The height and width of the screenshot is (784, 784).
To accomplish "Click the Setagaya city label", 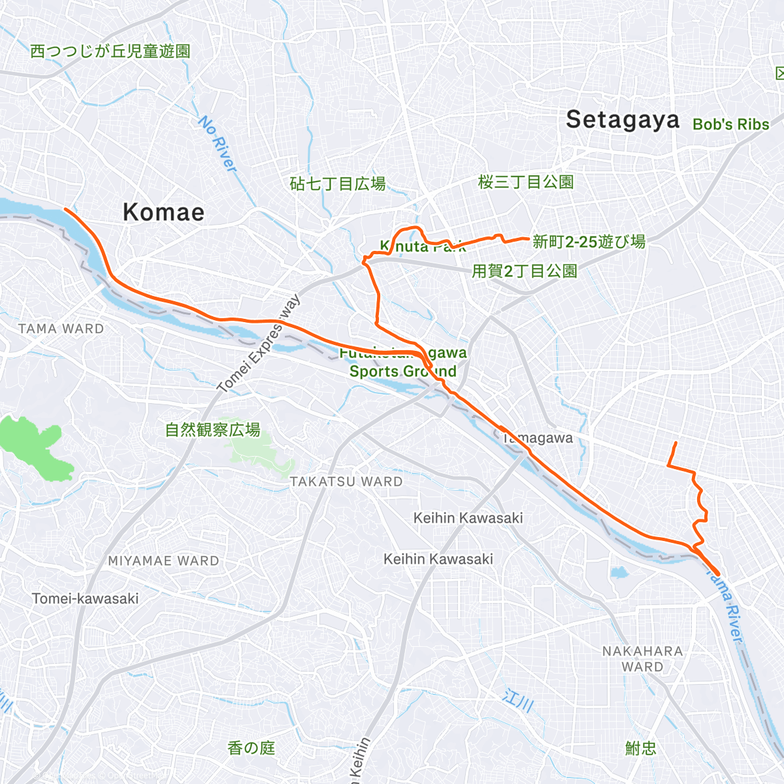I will coord(622,120).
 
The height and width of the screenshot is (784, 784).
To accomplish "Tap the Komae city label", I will coord(163,212).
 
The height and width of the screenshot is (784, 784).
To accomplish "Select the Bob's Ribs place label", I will coord(730,124).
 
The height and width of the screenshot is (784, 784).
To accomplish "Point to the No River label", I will coord(218,144).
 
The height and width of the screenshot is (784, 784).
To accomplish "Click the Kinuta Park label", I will coord(423,246).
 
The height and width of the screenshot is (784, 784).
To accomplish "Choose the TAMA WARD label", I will coord(61,329).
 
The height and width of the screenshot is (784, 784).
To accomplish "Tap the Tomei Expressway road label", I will coord(259,344).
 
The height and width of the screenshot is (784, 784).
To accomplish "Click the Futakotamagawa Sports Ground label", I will coord(402,363).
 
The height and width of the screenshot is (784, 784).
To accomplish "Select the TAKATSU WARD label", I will coord(346,482).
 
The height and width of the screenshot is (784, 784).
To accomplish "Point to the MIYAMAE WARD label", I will coord(163,561).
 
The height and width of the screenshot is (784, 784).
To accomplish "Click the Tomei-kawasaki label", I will coord(85,598).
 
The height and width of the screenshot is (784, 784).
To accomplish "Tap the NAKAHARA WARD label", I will coord(642,659).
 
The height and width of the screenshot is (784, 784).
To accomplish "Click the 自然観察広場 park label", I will coord(212,430).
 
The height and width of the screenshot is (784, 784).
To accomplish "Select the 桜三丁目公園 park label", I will coord(526,182).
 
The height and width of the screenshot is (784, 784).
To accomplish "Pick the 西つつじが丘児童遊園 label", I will coord(110,51).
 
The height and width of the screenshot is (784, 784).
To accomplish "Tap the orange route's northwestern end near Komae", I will coord(65,209).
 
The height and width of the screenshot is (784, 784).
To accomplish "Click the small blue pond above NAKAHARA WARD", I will coord(617,573).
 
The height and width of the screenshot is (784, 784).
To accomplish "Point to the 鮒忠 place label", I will coord(640,748).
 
